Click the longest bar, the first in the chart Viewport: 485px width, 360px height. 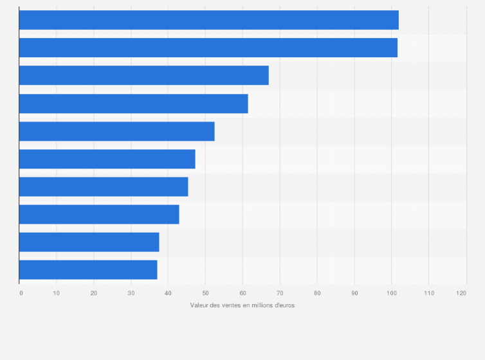(x=208, y=20)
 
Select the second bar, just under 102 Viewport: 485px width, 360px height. (x=208, y=48)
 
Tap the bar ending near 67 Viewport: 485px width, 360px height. (x=143, y=75)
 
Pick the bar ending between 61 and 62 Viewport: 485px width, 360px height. (x=133, y=104)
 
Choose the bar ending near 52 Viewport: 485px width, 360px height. (x=116, y=131)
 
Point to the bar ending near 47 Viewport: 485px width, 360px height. (x=107, y=159)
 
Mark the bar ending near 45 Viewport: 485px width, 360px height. (x=104, y=186)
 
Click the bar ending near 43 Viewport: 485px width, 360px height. (x=99, y=214)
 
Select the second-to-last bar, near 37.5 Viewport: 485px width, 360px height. (x=89, y=242)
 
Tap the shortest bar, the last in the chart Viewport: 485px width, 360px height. (x=88, y=270)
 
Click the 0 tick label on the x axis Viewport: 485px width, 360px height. (x=21, y=293)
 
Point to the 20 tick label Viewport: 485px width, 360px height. (x=94, y=293)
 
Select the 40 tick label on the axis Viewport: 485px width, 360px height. (x=168, y=293)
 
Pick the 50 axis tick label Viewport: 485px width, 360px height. (x=205, y=293)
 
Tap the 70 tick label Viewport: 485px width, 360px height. (x=280, y=293)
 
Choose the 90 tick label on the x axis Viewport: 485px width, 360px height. (x=354, y=293)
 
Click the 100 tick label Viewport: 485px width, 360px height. (x=391, y=293)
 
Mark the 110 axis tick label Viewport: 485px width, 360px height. (x=428, y=293)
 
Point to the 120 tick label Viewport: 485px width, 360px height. (x=461, y=293)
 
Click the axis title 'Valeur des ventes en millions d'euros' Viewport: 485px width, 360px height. (x=243, y=305)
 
